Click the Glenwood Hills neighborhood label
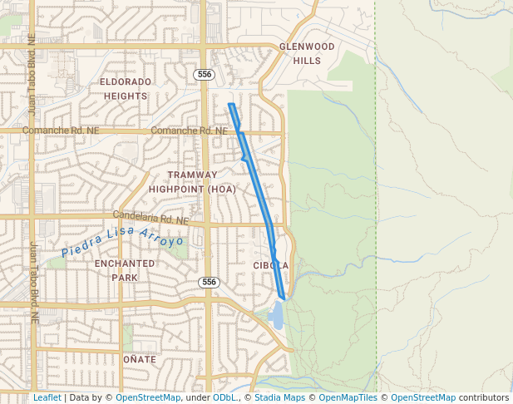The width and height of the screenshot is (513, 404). click(x=307, y=54)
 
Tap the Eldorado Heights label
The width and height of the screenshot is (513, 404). click(x=126, y=89)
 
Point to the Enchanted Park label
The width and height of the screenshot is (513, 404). click(x=124, y=270)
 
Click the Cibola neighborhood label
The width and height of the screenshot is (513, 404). click(x=271, y=265)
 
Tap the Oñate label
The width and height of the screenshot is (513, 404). click(x=140, y=359)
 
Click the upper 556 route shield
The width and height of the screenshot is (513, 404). click(x=205, y=75)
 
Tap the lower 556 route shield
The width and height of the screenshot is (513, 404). click(x=209, y=283)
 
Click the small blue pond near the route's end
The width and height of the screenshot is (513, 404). click(x=276, y=314)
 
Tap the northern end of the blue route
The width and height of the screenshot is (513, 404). click(x=230, y=105)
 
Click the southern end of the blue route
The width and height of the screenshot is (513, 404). click(x=284, y=297)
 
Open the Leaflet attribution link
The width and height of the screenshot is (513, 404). click(x=47, y=398)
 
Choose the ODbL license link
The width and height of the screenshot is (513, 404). click(x=224, y=398)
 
